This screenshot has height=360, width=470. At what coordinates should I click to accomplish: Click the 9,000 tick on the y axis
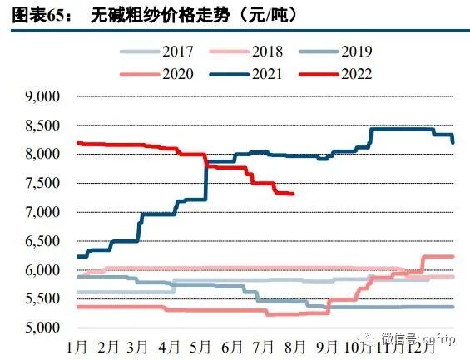pyautogui.click(x=44, y=96)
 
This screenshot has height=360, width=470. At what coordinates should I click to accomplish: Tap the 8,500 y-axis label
pyautogui.click(x=44, y=126)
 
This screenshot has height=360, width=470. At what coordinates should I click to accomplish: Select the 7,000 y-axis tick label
pyautogui.click(x=44, y=212)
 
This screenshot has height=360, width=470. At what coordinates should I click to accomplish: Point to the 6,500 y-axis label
pyautogui.click(x=44, y=241)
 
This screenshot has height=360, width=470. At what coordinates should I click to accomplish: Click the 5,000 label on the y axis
pyautogui.click(x=44, y=328)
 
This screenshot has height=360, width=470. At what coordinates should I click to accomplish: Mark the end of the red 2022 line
pyautogui.click(x=293, y=194)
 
